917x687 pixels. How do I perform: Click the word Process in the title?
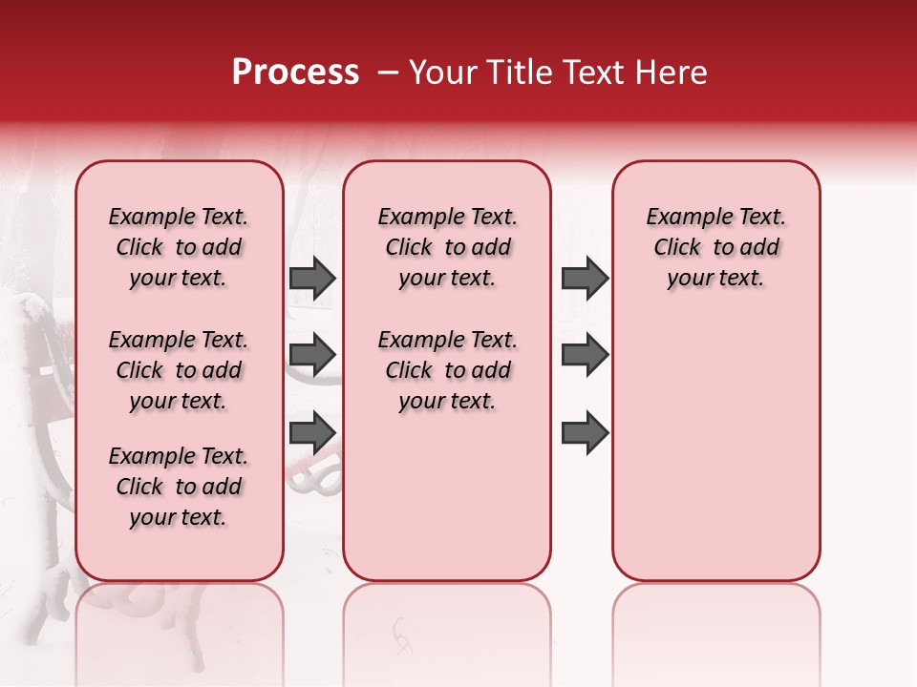pos(295,73)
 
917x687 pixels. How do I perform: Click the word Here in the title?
pos(672,73)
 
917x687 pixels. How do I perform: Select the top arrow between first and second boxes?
pos(312,278)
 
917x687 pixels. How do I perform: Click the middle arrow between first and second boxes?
pos(312,355)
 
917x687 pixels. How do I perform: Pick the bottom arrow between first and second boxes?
pos(312,432)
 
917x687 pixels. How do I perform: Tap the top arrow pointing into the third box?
pos(585,278)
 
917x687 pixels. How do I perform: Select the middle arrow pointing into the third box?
pos(585,355)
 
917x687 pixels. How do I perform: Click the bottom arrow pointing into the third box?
pos(585,432)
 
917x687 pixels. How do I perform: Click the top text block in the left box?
pos(179,247)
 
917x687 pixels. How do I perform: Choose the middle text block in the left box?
pos(179,370)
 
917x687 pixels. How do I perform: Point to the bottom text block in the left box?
pos(179,487)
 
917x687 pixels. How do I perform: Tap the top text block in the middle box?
pos(447,247)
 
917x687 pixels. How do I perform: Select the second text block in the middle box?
pos(447,370)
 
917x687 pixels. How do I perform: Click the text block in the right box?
pos(715,247)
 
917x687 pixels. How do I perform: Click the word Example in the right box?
pos(682,218)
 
